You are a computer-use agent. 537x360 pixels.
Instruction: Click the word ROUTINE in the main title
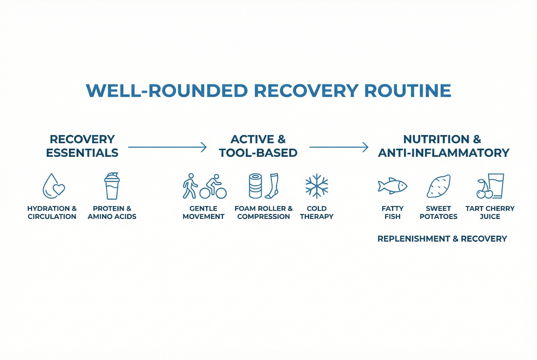[x=407, y=91]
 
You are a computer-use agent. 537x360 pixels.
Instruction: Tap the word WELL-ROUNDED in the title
[x=167, y=91]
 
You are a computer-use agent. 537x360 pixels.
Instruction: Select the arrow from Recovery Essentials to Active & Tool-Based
[x=167, y=147]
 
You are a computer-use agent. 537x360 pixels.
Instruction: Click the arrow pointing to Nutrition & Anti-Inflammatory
[x=339, y=147]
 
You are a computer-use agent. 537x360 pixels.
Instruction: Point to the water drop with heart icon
[x=53, y=186]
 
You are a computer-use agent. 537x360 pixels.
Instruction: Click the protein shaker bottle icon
[x=112, y=186]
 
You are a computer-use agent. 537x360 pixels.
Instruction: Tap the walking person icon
[x=190, y=186]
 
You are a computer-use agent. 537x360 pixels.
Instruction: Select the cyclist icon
[x=213, y=187]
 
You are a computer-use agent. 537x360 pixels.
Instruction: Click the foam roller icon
[x=255, y=186]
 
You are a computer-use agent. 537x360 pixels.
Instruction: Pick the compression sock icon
[x=272, y=186]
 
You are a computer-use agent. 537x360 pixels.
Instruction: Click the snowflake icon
[x=317, y=186]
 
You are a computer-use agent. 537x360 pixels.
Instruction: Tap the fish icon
[x=392, y=186]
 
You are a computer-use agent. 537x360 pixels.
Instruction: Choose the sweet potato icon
[x=438, y=186]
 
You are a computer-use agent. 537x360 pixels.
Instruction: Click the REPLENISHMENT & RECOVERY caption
[x=442, y=239]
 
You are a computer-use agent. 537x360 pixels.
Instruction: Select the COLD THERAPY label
[x=317, y=213]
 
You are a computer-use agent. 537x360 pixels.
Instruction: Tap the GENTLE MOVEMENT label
[x=203, y=213]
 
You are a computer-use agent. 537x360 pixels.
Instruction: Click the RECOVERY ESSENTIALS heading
[x=82, y=146]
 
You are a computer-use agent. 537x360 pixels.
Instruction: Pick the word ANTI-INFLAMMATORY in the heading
[x=443, y=153]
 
